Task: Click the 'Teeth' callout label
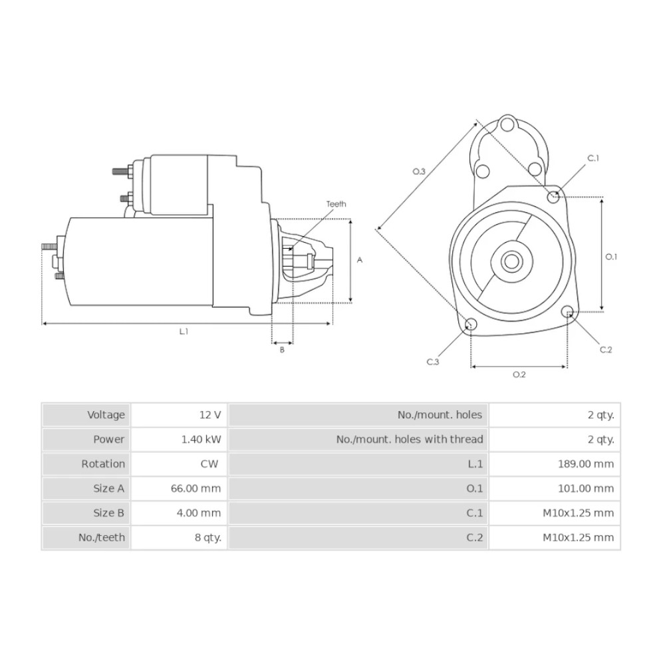click(336, 204)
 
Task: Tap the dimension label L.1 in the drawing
click(184, 331)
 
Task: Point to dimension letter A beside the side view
click(360, 260)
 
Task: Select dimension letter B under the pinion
click(281, 350)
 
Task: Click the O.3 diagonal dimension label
click(419, 172)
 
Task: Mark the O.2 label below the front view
click(519, 374)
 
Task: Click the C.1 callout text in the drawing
click(593, 158)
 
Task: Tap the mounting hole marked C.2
click(568, 312)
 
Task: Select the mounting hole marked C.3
click(471, 325)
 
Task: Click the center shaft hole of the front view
click(511, 261)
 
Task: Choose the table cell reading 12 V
click(210, 415)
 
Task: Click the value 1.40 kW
click(201, 440)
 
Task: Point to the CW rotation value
click(208, 464)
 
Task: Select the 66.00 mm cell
click(196, 489)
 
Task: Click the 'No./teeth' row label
click(102, 537)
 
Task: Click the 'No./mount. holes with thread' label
click(410, 440)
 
